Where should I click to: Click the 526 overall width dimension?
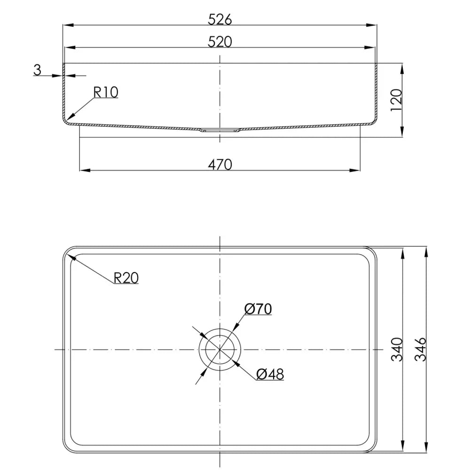click(x=219, y=20)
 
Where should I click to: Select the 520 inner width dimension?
click(x=219, y=42)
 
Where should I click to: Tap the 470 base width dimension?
click(x=219, y=164)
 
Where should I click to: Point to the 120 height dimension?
click(x=396, y=100)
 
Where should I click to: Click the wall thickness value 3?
click(x=37, y=70)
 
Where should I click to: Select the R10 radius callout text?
click(x=106, y=92)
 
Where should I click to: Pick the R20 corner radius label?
click(x=126, y=278)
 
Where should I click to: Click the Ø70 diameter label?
click(x=258, y=309)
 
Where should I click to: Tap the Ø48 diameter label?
click(x=270, y=374)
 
